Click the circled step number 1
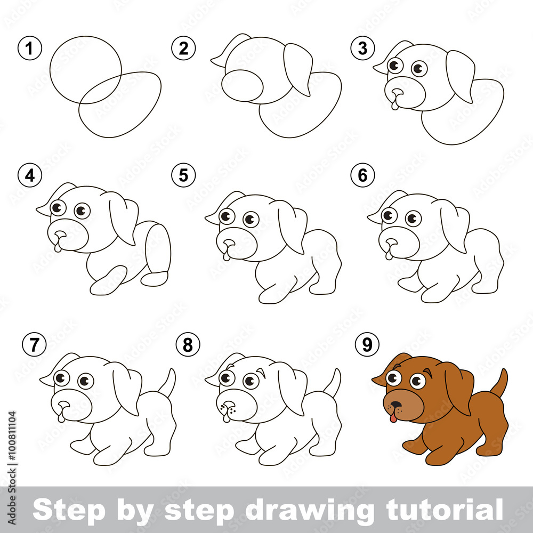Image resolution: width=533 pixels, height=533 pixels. (x=30, y=48)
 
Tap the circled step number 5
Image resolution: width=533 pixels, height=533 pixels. (x=183, y=175)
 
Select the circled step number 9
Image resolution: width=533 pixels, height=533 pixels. (x=367, y=345)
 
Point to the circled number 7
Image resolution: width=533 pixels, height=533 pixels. (x=34, y=345)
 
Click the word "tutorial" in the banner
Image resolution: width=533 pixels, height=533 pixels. (x=445, y=510)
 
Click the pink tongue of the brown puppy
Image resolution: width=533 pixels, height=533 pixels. (x=393, y=417)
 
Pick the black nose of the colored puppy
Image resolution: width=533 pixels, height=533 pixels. (x=395, y=405)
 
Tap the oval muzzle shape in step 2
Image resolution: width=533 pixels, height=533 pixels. (x=243, y=86)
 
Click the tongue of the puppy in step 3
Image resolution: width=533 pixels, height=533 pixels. (x=395, y=105)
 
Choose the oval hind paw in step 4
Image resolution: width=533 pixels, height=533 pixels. (x=155, y=279)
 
